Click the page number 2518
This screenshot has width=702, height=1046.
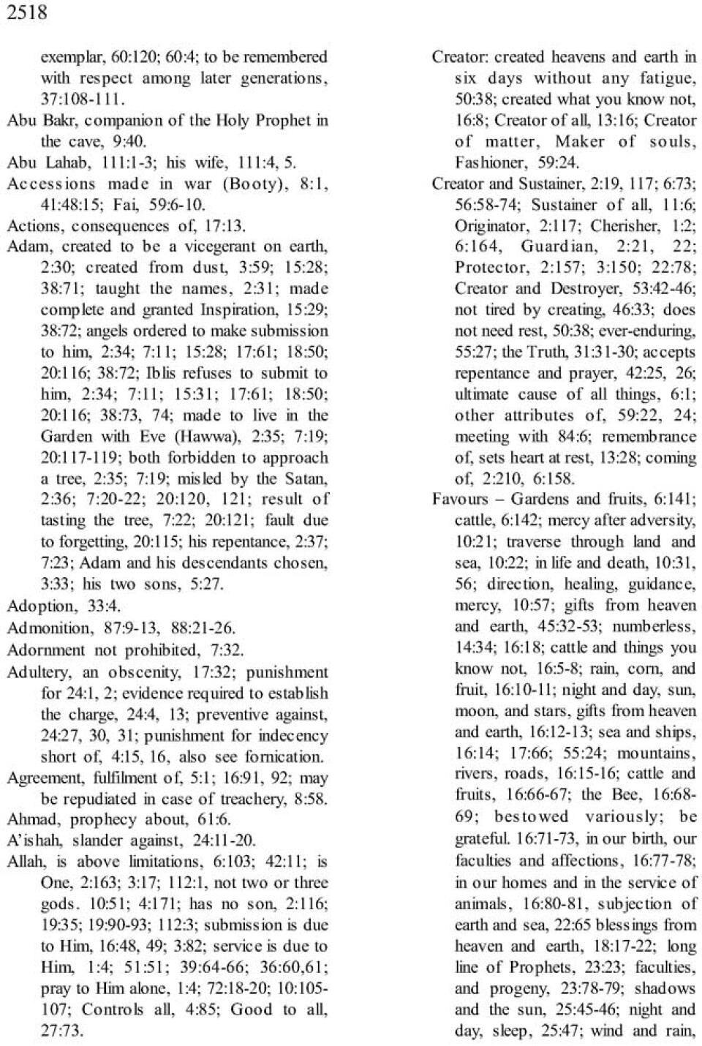pyautogui.click(x=27, y=12)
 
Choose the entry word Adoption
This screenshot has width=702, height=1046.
pyautogui.click(x=41, y=606)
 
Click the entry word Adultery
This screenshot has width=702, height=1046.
pyautogui.click(x=37, y=671)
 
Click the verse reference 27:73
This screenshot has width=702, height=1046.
pyautogui.click(x=62, y=1031)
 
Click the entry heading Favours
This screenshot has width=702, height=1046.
pyautogui.click(x=460, y=500)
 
